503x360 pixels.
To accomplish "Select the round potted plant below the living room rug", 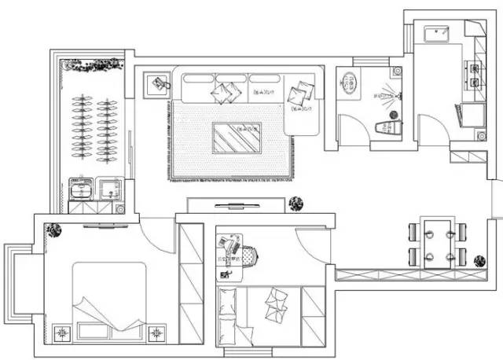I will pos(295,204).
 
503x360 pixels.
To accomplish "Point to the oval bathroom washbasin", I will pos(348,81).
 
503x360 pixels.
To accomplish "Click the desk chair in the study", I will pos(248,255).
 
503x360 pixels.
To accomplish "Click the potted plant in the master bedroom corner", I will pos(53,230).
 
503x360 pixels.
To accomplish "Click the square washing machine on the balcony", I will pos(108,189).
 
